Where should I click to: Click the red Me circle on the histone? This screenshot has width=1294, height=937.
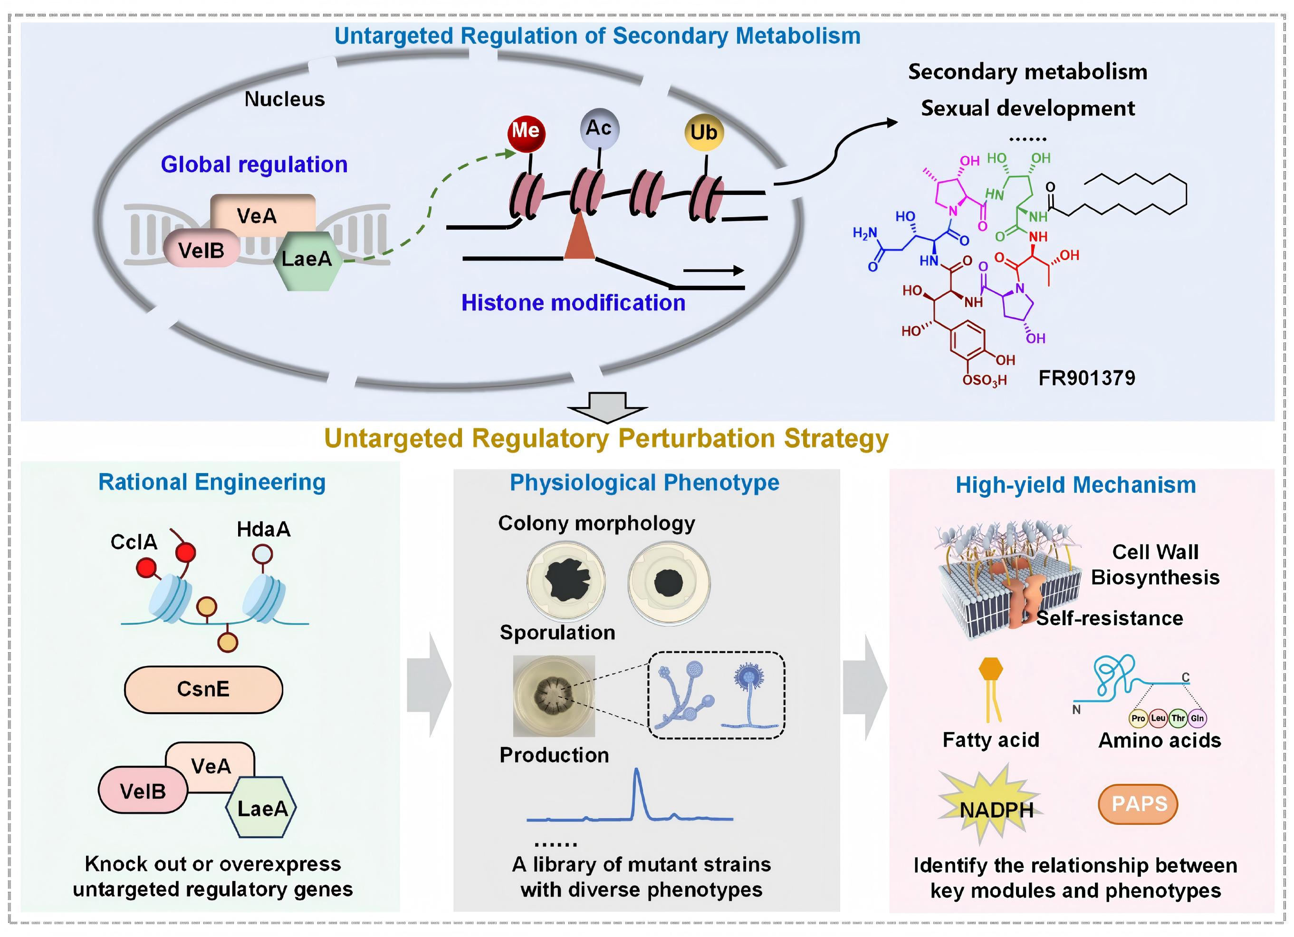[526, 132]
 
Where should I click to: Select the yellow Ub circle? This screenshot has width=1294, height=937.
[703, 132]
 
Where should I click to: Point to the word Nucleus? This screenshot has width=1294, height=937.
[284, 99]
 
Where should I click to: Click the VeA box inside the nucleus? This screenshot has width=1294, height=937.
[257, 215]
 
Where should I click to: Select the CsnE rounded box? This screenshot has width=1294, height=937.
[203, 689]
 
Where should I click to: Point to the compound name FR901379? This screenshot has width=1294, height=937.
[1086, 378]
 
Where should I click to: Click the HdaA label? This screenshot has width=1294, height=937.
[264, 530]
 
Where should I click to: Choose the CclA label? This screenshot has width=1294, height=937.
[134, 541]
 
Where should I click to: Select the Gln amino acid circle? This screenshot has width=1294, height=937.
[1197, 718]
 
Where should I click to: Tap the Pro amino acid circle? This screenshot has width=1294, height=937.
[1138, 718]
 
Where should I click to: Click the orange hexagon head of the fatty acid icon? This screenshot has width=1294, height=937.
[990, 668]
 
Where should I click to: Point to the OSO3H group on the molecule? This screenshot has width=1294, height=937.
[984, 380]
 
